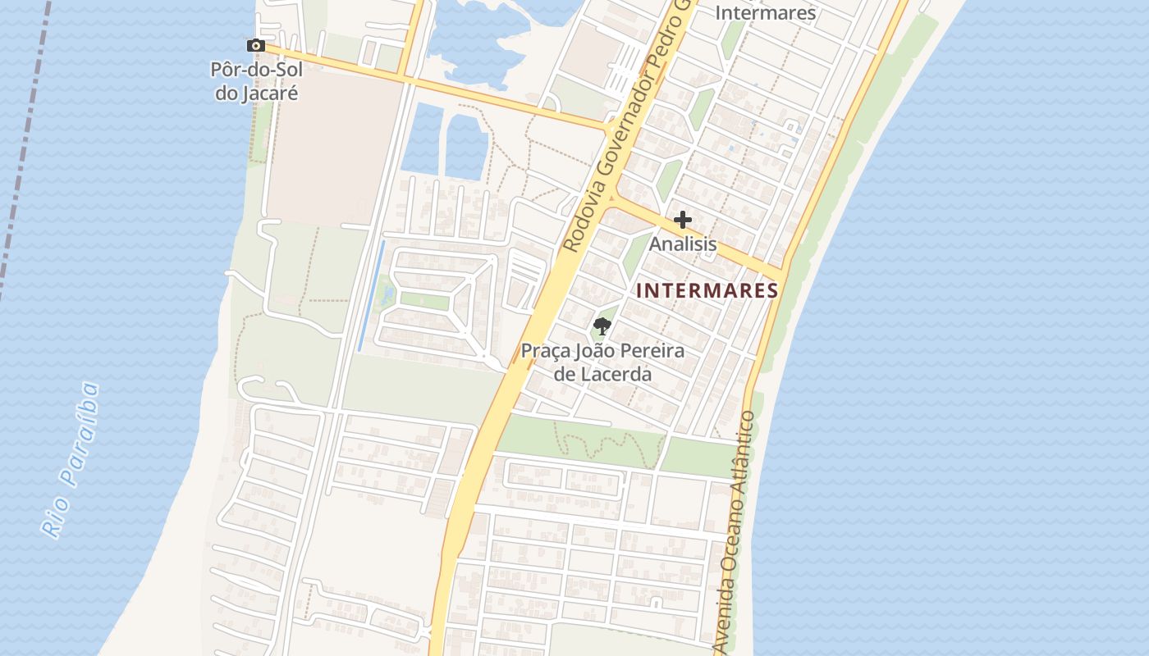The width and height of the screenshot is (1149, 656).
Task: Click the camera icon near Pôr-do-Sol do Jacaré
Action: (255, 46)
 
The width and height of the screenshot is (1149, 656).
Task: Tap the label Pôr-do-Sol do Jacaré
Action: (256, 81)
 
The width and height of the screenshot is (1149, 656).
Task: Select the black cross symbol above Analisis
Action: (682, 220)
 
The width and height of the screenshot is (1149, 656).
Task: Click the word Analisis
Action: (683, 244)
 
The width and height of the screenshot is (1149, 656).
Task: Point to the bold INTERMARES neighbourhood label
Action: (707, 290)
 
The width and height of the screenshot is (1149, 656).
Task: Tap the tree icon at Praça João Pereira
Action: (602, 326)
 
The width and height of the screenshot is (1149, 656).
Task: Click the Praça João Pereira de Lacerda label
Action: (602, 362)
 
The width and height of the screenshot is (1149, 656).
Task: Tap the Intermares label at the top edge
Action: (766, 13)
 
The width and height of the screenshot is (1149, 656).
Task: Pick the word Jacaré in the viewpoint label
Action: (256, 93)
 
